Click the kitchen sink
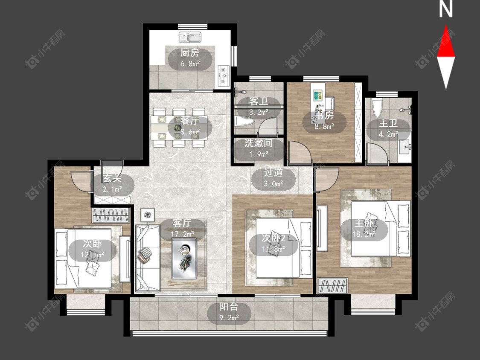[190, 38]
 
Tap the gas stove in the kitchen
[224, 74]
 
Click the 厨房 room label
[190, 52]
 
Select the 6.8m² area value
[190, 64]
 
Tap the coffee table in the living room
[183, 258]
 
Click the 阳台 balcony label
[229, 307]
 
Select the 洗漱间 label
[259, 143]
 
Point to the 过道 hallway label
[273, 173]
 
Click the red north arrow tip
[446, 25]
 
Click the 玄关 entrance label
[112, 178]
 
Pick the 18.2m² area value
[364, 234]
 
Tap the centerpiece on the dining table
[177, 128]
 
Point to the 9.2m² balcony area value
[229, 318]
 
